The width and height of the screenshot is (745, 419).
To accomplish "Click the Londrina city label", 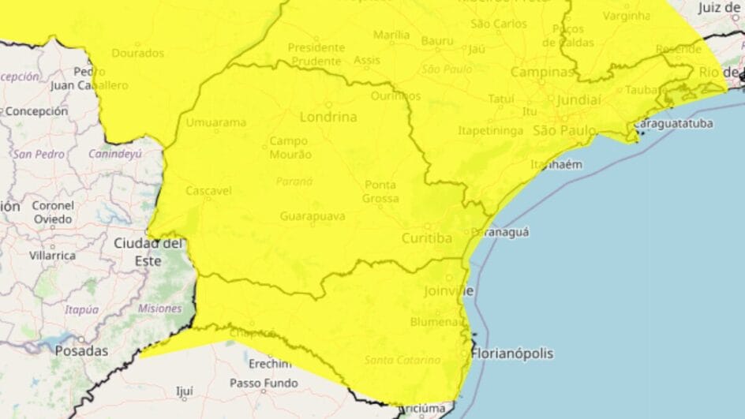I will [328, 117].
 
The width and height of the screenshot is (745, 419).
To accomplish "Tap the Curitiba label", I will [426, 238].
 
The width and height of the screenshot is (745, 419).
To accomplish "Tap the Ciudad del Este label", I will [148, 251].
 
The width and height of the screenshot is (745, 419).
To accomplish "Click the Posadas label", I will [81, 350].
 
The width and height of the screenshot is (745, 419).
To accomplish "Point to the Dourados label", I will [138, 53].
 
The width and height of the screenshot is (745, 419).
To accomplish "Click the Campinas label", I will [542, 72].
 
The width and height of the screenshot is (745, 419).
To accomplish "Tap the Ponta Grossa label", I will [380, 191].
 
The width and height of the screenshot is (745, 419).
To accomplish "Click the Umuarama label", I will [215, 122].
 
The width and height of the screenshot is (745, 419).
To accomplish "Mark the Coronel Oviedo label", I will [53, 212].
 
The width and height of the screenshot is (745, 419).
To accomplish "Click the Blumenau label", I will [435, 321].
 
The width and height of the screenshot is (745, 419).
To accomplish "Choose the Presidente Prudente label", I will [316, 53].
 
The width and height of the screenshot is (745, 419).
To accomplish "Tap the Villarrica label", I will [52, 256].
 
